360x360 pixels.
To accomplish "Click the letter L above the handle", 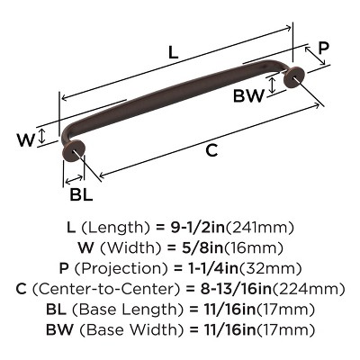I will pos(173,53).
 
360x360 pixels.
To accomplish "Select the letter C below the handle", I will pos(211,151).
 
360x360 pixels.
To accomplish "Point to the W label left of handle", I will pos(25,139).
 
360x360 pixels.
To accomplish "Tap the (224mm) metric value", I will pos(316,289).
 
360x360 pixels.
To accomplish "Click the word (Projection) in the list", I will pos(128,269).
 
